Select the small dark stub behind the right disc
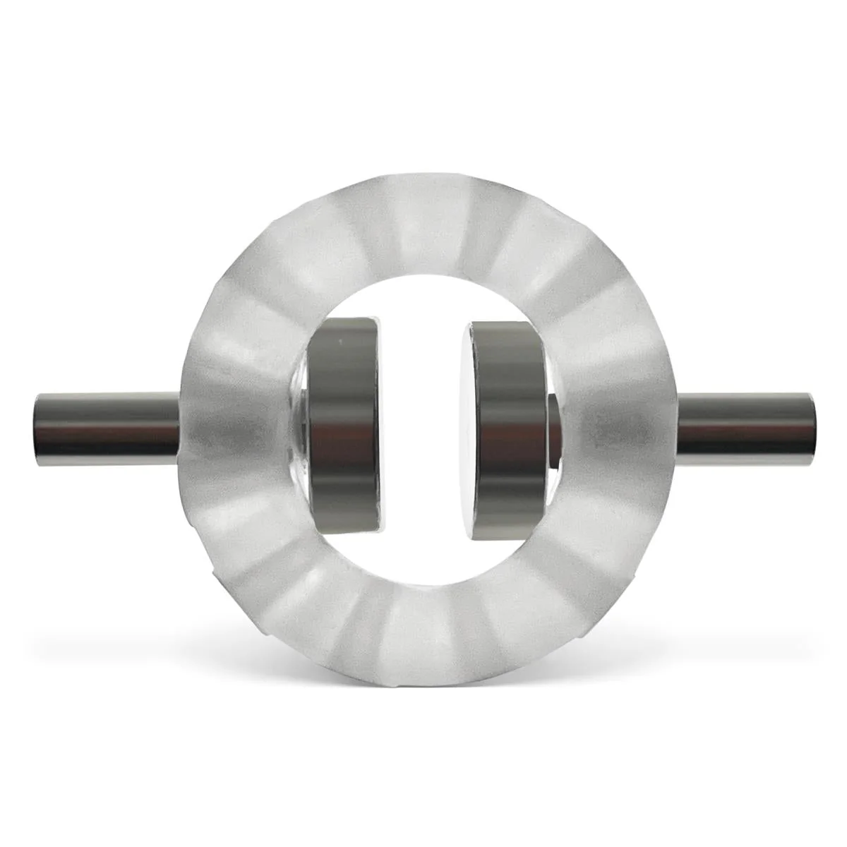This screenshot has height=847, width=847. tap(554, 431)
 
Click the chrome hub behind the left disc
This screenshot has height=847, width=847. tap(300, 431)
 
